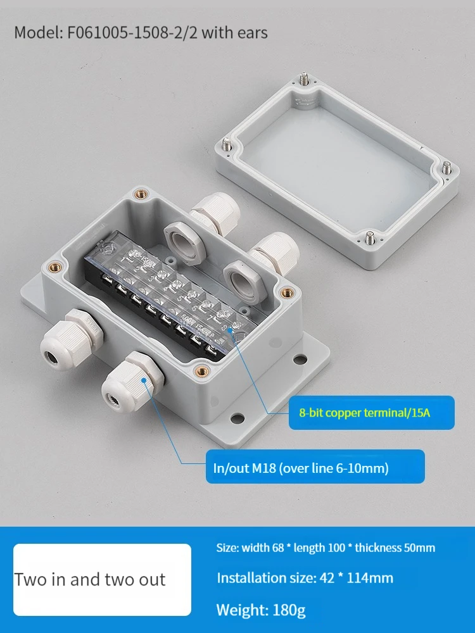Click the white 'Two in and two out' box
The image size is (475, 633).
(x=102, y=579)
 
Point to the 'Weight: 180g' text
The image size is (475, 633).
(x=261, y=610)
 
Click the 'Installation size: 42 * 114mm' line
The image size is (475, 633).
(x=305, y=578)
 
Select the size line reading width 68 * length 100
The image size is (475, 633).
(x=326, y=548)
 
